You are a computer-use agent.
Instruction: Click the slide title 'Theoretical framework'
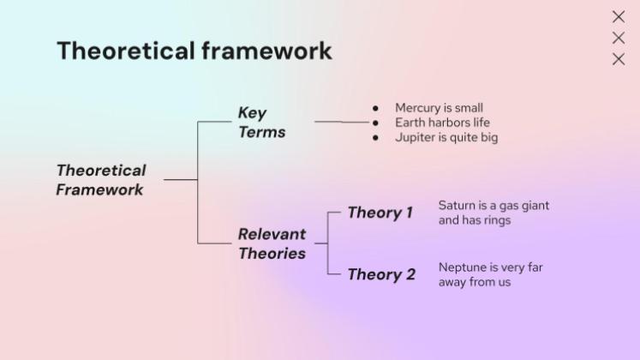tap(194, 51)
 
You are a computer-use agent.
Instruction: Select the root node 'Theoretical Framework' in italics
tap(101, 180)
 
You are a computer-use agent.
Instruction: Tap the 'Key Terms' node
tap(261, 123)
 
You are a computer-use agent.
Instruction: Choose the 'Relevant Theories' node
tap(272, 243)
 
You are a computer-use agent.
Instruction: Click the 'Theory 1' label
tap(380, 213)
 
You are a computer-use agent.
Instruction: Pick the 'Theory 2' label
tap(381, 274)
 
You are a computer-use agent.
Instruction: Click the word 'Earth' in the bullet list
tap(410, 123)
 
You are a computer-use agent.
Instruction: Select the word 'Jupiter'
tap(415, 137)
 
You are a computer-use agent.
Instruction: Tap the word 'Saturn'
tap(458, 206)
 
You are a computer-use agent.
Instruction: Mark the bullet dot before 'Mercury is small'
tap(375, 108)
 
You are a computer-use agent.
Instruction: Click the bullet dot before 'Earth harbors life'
tap(375, 123)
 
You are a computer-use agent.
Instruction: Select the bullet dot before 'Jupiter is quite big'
tap(375, 137)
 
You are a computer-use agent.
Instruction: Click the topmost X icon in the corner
tap(619, 17)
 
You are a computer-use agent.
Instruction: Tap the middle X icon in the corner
tap(619, 38)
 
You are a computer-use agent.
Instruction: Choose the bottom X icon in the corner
tap(619, 59)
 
